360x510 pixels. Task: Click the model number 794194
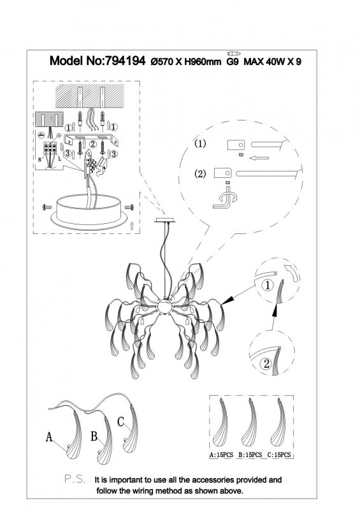click(124, 61)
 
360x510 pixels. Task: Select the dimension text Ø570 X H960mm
click(186, 61)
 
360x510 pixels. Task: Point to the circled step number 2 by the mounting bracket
click(92, 144)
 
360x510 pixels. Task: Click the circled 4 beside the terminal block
click(41, 135)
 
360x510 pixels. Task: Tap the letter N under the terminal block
click(40, 160)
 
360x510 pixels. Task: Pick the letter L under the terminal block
click(59, 159)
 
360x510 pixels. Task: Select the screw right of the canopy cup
click(129, 207)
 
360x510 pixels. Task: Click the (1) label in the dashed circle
click(200, 144)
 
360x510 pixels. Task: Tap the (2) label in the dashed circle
click(200, 173)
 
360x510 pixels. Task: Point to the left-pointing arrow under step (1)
click(259, 158)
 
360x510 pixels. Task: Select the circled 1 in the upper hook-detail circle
click(268, 286)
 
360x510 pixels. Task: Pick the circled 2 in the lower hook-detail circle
click(267, 363)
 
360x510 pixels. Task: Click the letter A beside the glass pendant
click(49, 437)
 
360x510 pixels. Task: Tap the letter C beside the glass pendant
click(120, 421)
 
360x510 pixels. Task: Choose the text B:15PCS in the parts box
click(250, 455)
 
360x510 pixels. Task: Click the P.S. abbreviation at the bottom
click(75, 479)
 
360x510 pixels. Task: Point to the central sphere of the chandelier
click(165, 307)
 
